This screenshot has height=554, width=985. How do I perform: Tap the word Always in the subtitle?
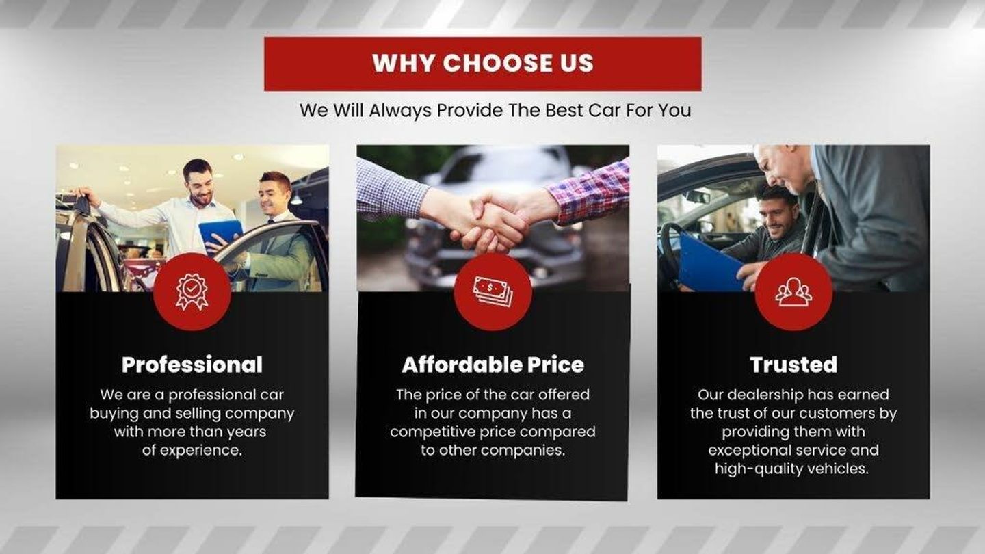[400, 110]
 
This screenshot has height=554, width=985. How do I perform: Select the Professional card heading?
[192, 365]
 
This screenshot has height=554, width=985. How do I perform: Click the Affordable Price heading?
[493, 365]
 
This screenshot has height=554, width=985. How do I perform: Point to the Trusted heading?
[793, 365]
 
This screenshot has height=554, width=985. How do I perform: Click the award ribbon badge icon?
[192, 292]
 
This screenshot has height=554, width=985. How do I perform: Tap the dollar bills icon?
[492, 291]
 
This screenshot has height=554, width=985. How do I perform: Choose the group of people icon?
[793, 292]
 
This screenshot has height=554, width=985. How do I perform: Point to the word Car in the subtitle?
[604, 110]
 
